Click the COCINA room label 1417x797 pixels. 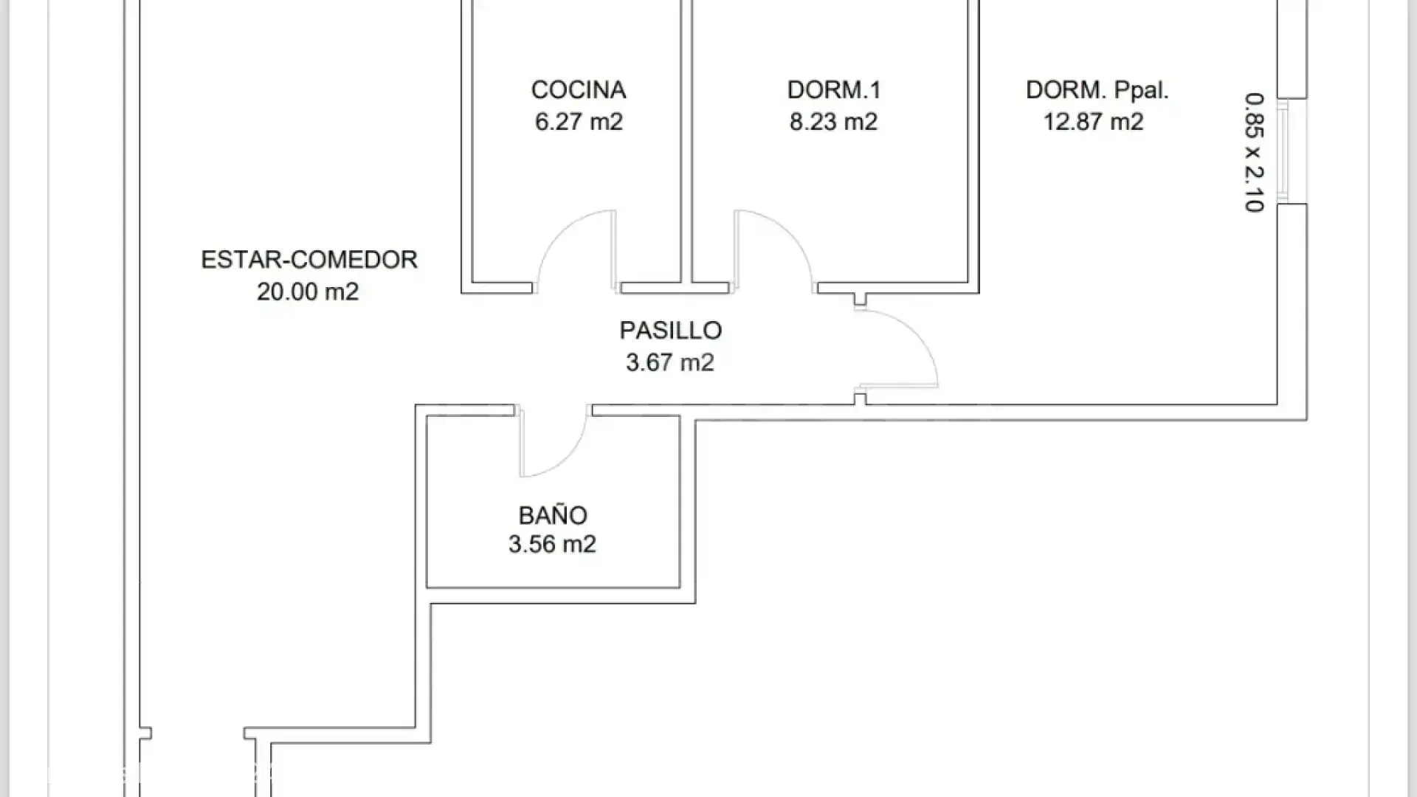(x=579, y=90)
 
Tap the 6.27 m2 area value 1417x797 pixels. (x=579, y=122)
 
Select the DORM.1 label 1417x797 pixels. (x=834, y=90)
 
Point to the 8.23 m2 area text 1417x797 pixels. (x=834, y=122)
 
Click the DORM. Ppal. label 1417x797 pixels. (x=1097, y=90)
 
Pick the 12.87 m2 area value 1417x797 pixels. (x=1093, y=122)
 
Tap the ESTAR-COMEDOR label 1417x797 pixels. (x=309, y=260)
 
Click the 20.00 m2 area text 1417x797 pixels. (x=308, y=291)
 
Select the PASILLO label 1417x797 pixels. (x=670, y=331)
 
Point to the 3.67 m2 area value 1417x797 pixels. (x=670, y=362)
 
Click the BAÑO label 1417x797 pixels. (x=553, y=515)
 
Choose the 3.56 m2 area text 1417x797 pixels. (x=552, y=545)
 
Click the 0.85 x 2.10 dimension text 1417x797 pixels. (x=1254, y=152)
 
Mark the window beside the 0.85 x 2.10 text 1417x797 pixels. (x=1284, y=151)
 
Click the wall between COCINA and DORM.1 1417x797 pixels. (x=686, y=148)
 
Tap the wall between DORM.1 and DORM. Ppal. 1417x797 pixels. (x=973, y=148)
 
